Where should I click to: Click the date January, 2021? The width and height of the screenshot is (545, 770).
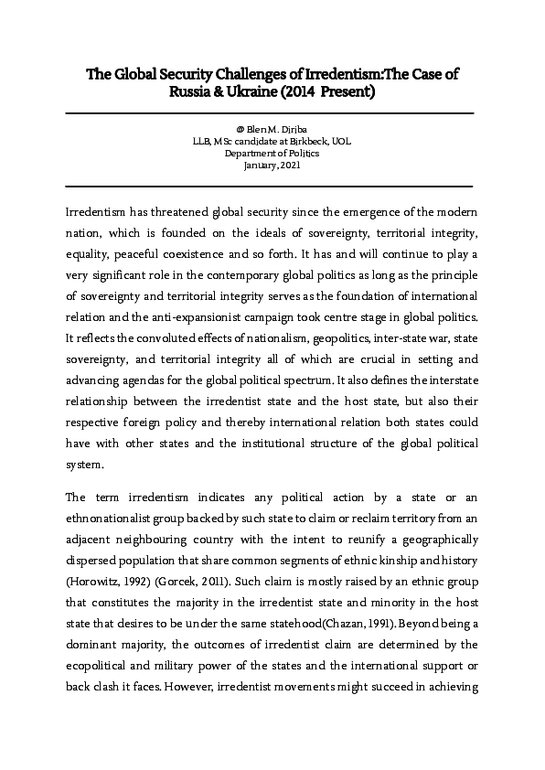point(272,166)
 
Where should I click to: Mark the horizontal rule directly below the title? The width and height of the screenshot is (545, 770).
point(271,113)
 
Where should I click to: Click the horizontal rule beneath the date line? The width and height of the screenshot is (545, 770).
point(271,187)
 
